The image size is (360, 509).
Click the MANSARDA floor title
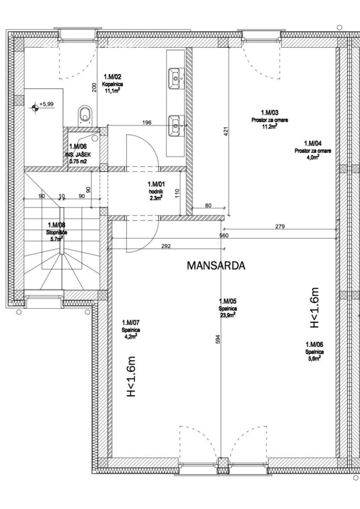click(216, 265)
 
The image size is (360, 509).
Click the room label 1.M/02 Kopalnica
click(112, 84)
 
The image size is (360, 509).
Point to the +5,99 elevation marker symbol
click(35, 106)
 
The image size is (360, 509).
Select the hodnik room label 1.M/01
click(154, 191)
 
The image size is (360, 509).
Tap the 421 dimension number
click(226, 131)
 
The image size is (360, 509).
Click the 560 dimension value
click(224, 235)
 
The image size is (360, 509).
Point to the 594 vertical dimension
click(218, 339)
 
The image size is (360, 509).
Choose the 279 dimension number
click(280, 226)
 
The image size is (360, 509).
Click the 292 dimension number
click(166, 246)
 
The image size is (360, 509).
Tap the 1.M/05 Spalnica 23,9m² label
click(228, 308)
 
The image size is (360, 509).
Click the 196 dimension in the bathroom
click(147, 123)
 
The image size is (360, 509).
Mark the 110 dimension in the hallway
click(177, 194)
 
